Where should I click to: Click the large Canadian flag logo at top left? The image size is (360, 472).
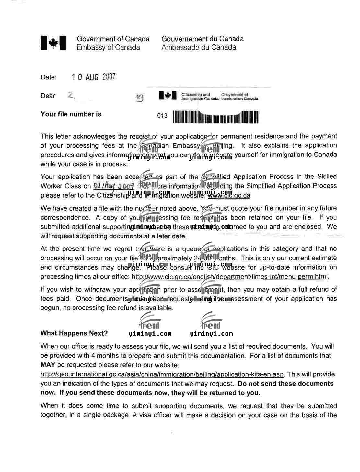click(x=53, y=43)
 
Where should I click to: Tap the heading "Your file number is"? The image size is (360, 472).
click(x=71, y=114)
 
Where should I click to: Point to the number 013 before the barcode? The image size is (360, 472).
click(x=162, y=116)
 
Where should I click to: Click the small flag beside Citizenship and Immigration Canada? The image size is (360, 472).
click(x=168, y=96)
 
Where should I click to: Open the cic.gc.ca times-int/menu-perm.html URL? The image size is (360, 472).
click(x=230, y=277)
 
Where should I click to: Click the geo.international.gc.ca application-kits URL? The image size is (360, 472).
click(x=162, y=374)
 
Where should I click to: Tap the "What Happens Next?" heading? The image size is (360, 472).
click(x=74, y=333)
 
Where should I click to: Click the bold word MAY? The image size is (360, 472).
click(x=48, y=365)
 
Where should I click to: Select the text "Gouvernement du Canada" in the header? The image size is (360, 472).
click(x=203, y=39)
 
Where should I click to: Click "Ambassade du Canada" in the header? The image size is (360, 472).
click(x=199, y=47)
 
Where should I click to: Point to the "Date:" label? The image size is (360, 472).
click(x=49, y=77)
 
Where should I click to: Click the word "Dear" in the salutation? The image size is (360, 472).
click(x=48, y=96)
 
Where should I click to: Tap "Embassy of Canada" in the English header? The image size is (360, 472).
click(x=108, y=48)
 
